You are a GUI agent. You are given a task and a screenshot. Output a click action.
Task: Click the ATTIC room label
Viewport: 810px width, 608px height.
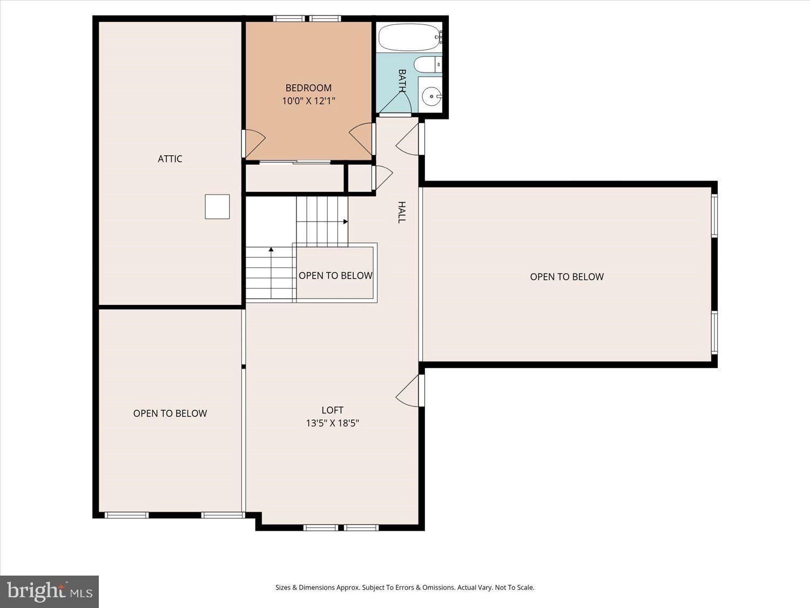tap(170, 159)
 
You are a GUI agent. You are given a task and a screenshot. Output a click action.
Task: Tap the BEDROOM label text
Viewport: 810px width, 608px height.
tap(308, 88)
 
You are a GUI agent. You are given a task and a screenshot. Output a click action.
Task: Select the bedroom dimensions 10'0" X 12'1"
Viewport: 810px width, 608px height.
tap(308, 101)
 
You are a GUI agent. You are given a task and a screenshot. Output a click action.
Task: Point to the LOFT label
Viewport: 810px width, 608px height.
tap(333, 410)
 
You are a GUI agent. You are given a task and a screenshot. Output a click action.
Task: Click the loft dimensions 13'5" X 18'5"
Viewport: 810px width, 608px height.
tap(333, 423)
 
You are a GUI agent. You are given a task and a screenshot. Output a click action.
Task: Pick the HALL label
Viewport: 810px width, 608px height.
tap(402, 212)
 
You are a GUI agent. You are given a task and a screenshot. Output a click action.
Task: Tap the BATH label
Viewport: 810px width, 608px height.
tap(402, 81)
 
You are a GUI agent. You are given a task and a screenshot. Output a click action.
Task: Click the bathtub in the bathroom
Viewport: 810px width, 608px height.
tap(410, 37)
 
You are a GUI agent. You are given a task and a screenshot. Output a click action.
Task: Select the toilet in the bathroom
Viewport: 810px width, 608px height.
tap(428, 65)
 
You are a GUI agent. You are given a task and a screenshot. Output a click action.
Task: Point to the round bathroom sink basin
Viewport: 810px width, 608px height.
tap(431, 96)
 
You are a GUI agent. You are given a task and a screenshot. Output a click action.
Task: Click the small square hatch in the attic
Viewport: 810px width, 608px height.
tap(218, 207)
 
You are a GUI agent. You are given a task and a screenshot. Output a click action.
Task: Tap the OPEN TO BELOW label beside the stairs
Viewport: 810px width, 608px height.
tap(335, 276)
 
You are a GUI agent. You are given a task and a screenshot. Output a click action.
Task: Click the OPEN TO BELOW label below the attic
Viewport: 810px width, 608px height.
tap(170, 413)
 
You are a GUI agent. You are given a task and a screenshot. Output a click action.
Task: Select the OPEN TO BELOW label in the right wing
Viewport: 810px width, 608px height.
tap(567, 277)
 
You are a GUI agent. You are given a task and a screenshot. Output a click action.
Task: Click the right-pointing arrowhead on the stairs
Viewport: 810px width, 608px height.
tap(346, 222)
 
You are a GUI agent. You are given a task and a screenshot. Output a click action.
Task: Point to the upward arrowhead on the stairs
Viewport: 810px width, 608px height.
tap(271, 250)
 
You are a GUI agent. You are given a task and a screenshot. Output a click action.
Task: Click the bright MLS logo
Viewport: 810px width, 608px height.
tap(50, 592)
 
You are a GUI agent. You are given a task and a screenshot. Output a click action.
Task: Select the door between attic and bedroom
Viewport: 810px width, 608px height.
tap(254, 144)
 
